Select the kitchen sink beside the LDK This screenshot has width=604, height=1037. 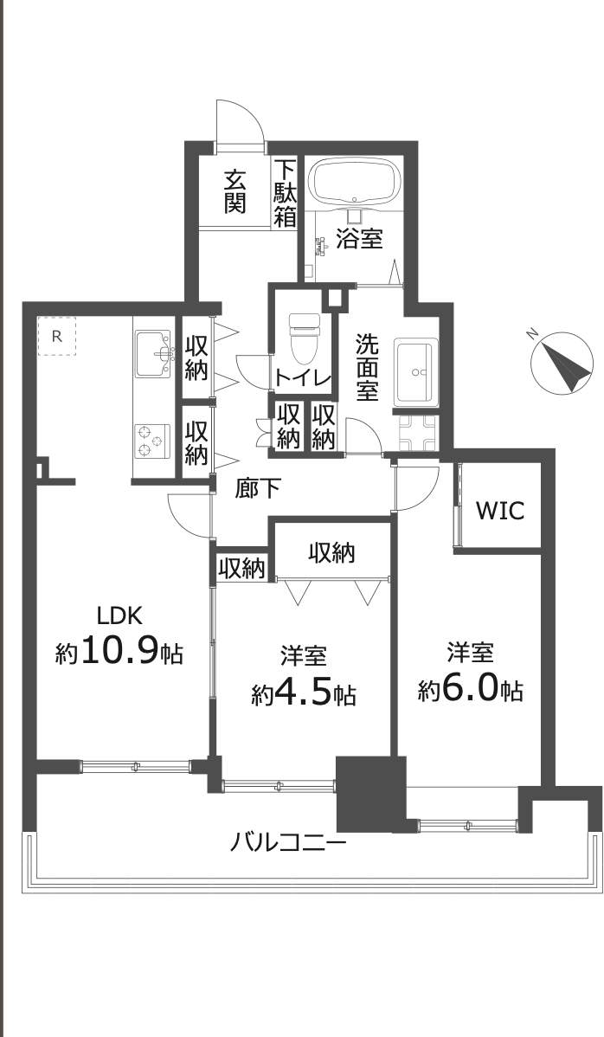pos(153,351)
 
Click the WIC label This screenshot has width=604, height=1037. pos(500,511)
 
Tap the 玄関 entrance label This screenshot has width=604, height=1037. pos(235,192)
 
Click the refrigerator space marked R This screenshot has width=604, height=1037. pos(56,337)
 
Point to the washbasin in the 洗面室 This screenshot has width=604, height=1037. pos(415,373)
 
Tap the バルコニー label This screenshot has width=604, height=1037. pos(288,842)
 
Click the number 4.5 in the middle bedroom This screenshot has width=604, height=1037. pos(304,694)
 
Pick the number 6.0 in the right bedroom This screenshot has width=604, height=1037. pos(471,691)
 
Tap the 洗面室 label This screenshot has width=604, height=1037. pos(367,366)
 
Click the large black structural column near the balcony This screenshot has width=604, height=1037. pos(370,795)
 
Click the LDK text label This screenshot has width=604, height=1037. pos(119,615)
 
